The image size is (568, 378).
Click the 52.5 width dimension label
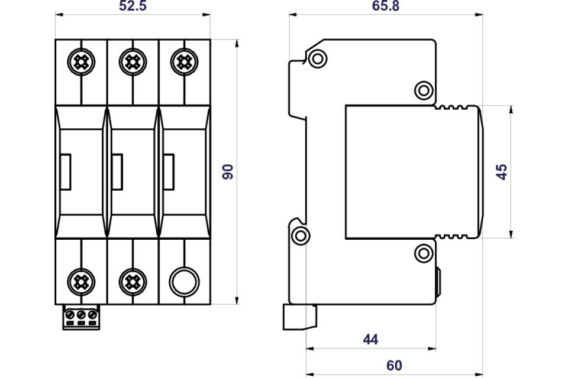tap(133, 6)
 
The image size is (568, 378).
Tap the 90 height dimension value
tap(228, 171)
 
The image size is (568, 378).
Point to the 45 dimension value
tap(502, 172)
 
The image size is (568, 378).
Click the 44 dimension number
tap(370, 339)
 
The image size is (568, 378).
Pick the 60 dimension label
tap(394, 366)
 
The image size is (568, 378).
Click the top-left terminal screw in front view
tap(81, 60)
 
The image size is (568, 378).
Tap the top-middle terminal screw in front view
tap(133, 60)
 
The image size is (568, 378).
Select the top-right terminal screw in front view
tap(184, 60)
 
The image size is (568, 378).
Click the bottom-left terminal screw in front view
tap(81, 281)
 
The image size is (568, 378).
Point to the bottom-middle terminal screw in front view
tap(133, 281)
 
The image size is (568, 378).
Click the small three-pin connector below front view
tap(81, 317)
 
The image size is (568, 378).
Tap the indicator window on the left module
tap(66, 172)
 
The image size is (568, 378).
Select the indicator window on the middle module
tap(118, 172)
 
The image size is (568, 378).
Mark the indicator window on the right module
tap(169, 172)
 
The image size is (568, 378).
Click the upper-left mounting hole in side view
tap(318, 58)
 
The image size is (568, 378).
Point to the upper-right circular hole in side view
tap(423, 90)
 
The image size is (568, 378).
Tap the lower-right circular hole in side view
tap(423, 254)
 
